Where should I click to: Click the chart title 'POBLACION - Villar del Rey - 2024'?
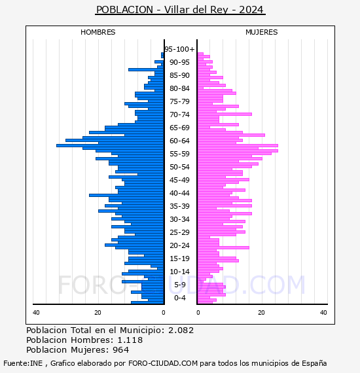(x=180, y=10)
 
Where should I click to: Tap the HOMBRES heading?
(x=98, y=32)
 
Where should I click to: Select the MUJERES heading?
(x=262, y=32)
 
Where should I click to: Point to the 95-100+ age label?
(x=179, y=49)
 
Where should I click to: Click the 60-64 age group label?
(x=179, y=141)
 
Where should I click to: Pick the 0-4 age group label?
(x=179, y=298)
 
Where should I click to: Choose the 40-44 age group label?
(x=179, y=193)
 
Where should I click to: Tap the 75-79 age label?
(x=179, y=101)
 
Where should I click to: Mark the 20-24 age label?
(x=179, y=245)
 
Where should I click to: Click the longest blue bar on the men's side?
(x=110, y=145)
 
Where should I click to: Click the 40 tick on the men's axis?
(x=36, y=313)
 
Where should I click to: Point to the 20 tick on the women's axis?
(x=261, y=313)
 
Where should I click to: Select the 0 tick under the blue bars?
(x=164, y=313)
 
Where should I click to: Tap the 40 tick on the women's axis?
(x=323, y=313)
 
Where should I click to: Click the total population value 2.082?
(x=181, y=330)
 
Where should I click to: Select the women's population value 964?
(x=120, y=349)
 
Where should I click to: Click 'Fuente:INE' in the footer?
(x=23, y=363)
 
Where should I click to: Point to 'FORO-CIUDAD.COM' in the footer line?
(x=163, y=363)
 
